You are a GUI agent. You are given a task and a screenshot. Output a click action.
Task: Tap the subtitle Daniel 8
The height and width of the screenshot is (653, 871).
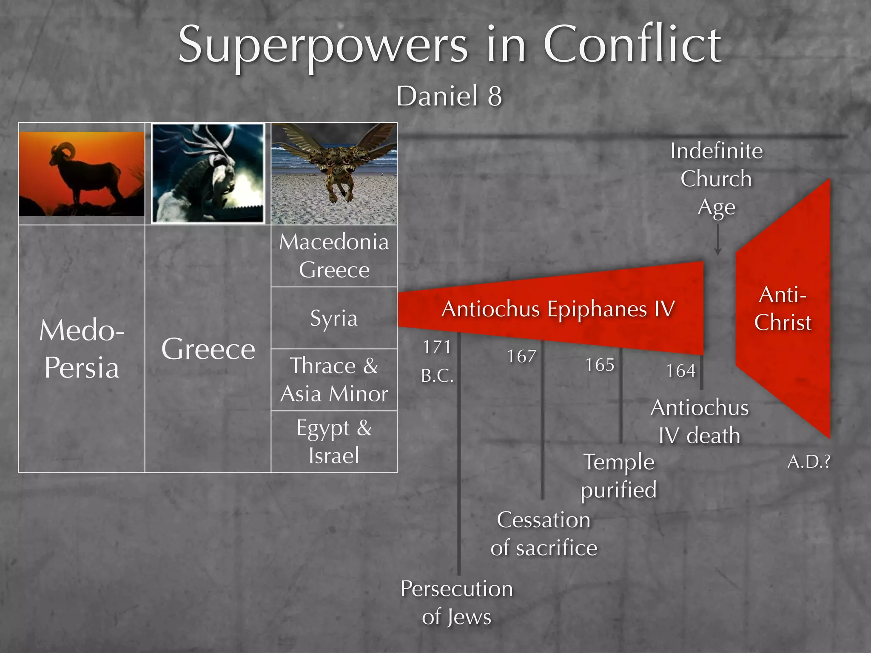coord(449,96)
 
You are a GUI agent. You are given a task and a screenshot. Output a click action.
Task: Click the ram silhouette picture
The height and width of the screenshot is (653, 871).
coord(82,173)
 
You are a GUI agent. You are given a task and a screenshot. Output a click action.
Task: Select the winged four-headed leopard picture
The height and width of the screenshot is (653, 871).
coord(334,173)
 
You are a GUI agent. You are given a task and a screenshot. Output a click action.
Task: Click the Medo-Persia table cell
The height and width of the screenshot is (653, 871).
coord(82,349)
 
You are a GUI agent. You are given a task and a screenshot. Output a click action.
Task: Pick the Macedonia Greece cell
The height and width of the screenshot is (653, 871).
coord(334,256)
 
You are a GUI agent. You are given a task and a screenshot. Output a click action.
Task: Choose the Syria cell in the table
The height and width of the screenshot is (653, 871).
coord(334,318)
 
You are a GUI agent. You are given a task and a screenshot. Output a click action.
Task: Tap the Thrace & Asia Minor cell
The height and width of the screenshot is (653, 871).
coord(334,380)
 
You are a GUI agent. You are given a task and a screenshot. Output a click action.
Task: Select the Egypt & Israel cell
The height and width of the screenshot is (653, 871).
coord(334,442)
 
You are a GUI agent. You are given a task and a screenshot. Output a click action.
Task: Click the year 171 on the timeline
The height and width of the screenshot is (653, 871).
coord(436,347)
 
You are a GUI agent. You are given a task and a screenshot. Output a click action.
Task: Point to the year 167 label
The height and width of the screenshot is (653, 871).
coord(521,356)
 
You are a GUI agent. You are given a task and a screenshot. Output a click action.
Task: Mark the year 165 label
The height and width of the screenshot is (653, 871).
coord(600,365)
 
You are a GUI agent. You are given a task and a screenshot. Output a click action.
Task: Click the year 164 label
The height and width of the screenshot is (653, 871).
coord(680,371)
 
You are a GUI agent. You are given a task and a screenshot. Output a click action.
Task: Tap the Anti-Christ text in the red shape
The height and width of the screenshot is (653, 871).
coord(783,309)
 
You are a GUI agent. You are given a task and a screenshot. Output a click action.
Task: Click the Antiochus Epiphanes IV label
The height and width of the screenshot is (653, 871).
coord(558,309)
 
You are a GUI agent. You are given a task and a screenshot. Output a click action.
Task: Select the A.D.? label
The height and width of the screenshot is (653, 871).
coord(808,462)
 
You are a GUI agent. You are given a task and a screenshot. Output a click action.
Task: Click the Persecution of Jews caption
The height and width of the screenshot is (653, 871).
coord(457,602)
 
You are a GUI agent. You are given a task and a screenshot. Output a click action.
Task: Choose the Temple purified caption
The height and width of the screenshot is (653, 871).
coord(619,476)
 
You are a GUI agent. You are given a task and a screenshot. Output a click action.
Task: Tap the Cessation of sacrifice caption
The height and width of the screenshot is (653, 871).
coord(544,534)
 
